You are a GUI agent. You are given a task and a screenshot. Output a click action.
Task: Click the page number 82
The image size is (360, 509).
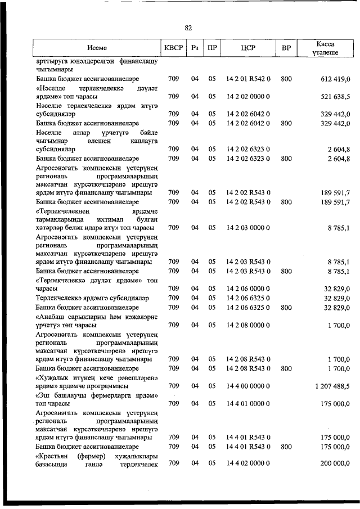pos(188,28)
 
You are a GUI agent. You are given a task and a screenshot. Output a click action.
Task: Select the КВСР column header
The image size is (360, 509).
pos(173,48)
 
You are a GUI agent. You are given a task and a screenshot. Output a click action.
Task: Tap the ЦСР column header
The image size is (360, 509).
pos(248,48)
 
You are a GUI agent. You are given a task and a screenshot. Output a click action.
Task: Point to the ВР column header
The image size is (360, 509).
pos(286,48)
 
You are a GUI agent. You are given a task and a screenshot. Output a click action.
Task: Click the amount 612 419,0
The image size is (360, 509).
pos(336,79)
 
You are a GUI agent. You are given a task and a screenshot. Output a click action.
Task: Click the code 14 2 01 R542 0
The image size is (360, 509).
pos(248,79)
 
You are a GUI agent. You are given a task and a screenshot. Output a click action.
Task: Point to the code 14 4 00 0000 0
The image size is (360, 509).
pos(248,386)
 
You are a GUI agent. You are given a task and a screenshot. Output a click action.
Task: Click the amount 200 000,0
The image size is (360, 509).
pos(336,463)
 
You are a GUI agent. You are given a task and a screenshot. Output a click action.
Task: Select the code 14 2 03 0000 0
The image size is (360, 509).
pos(248,228)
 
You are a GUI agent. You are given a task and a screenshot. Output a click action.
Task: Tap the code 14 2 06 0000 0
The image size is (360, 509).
pos(248,289)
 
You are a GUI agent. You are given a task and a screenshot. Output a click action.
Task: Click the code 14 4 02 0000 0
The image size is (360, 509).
pos(248,463)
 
